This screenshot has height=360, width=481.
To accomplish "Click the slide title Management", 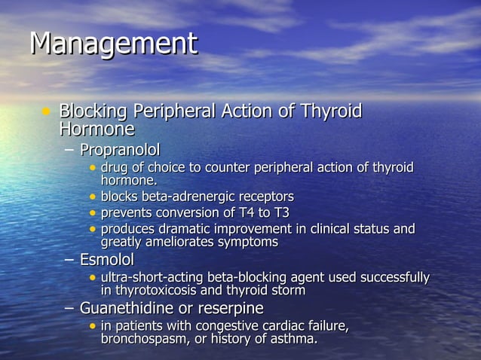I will pos(113,44).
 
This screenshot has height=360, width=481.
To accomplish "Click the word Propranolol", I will pos(120,149).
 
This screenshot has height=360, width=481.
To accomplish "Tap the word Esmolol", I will pos(107,260).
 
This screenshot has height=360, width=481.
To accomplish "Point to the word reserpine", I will pos(229,308).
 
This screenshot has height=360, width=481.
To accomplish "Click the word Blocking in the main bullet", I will pos(93,111).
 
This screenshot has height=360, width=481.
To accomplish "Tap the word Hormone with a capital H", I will pos(97,129).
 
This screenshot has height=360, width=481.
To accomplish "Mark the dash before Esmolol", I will pos(69,260).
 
